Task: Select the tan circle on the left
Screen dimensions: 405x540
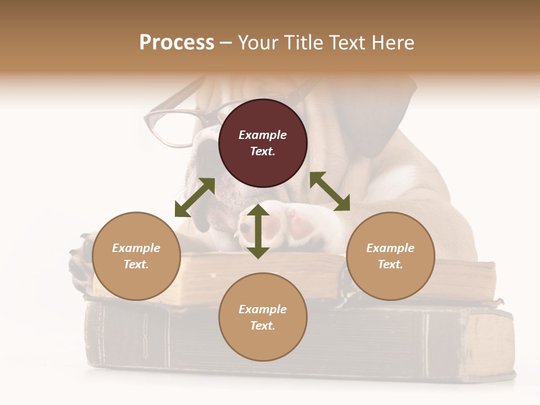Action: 136,256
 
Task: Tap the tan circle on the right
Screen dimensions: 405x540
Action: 390,256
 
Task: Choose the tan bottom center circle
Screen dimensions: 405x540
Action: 263,317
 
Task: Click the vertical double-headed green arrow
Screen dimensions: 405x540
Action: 258,231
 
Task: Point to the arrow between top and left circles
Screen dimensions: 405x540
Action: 195,197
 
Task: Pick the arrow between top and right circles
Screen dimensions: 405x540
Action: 330,192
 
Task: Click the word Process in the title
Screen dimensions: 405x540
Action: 177,42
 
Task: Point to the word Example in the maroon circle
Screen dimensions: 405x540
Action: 263,135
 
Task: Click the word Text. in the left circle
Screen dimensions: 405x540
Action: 136,264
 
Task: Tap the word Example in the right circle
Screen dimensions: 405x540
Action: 390,248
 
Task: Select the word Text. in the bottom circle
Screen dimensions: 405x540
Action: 263,326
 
